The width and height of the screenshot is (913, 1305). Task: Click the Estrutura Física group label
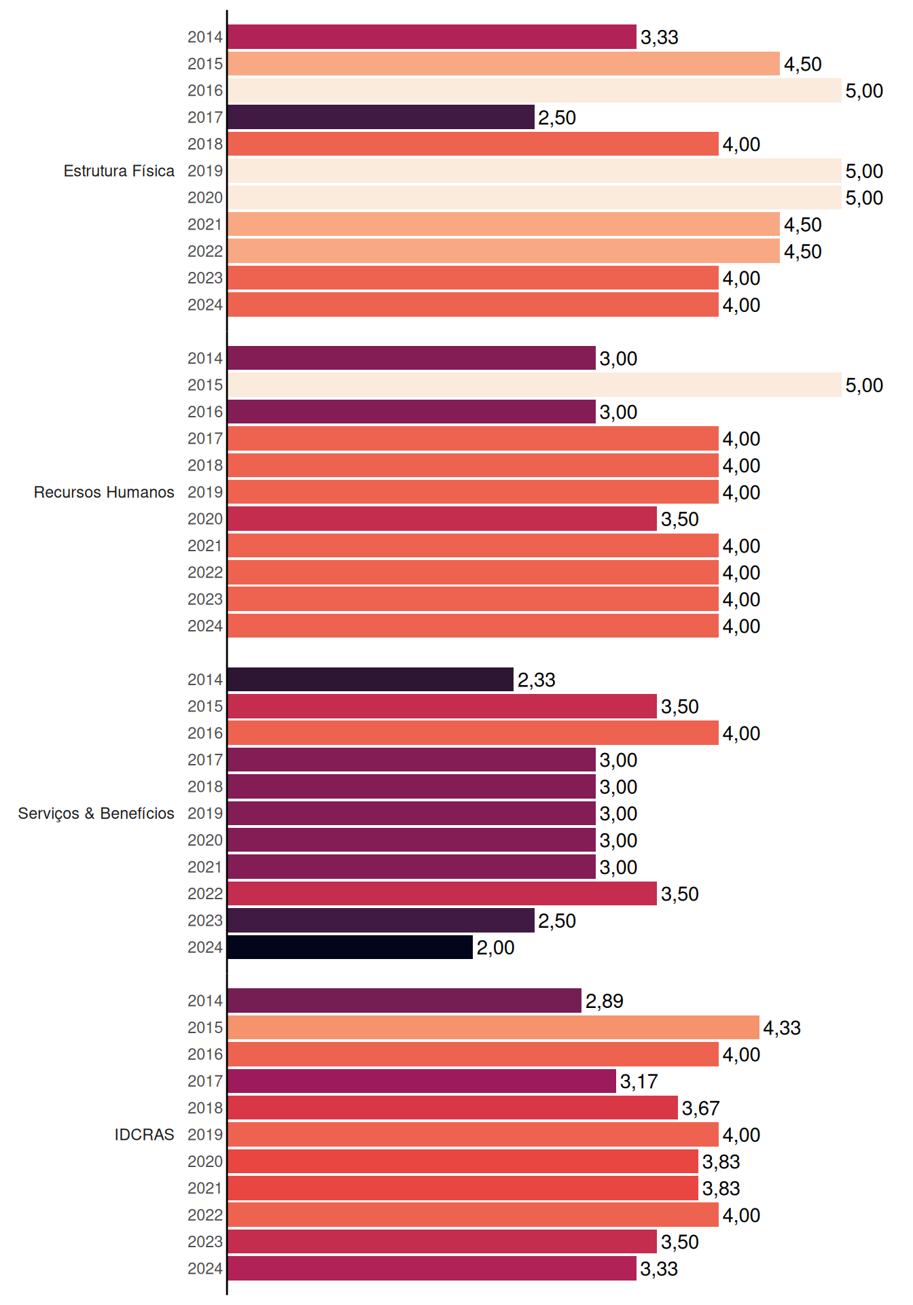coord(119,171)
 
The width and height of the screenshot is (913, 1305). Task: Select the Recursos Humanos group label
coord(104,492)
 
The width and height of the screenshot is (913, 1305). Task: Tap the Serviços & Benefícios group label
coord(96,814)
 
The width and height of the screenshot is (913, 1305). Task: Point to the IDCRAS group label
coord(144,1134)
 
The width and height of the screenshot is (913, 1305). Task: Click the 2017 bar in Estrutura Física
coord(381,117)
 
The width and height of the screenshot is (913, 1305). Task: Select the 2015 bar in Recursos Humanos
coord(535,385)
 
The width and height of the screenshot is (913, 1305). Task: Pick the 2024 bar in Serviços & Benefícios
coord(350,947)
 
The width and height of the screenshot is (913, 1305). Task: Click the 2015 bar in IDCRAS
coord(493,1027)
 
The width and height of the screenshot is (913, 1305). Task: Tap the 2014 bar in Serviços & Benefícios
coord(370,679)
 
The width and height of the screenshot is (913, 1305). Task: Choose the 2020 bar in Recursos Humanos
coord(442,519)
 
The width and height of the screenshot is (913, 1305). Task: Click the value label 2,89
coord(604,1000)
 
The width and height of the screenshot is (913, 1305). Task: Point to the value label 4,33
coord(782,1028)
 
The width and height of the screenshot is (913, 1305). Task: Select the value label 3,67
coord(700,1108)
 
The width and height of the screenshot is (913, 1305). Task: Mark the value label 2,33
coord(536,680)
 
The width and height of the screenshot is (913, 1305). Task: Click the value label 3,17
coord(639,1081)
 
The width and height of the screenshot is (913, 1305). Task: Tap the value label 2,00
coord(495,947)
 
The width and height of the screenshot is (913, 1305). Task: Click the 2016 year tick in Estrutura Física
coord(205,90)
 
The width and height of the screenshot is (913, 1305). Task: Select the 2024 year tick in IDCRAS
coord(205,1268)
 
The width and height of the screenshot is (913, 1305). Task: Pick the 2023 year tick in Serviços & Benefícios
coord(205,920)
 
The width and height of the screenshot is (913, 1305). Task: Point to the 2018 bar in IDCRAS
coord(452,1107)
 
